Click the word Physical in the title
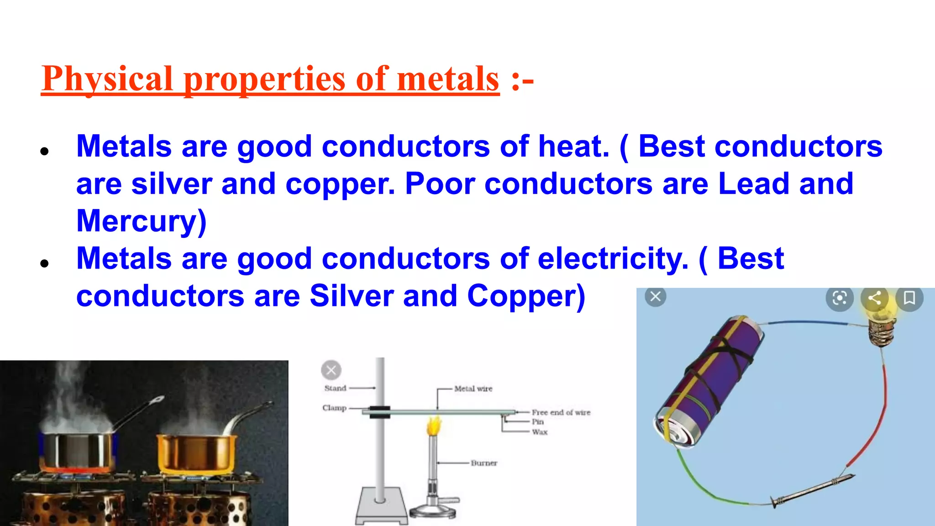pyautogui.click(x=107, y=79)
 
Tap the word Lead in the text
pyautogui.click(x=753, y=184)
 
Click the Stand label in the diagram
pyautogui.click(x=336, y=388)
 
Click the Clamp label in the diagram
pyautogui.click(x=335, y=408)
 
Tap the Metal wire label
pyautogui.click(x=473, y=389)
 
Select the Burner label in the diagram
pyautogui.click(x=484, y=463)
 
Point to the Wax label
pyautogui.click(x=540, y=432)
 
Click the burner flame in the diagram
pyautogui.click(x=434, y=426)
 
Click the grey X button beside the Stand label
pyautogui.click(x=331, y=370)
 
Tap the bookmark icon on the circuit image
pyautogui.click(x=909, y=298)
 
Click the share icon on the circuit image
pyautogui.click(x=874, y=298)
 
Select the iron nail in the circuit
pyautogui.click(x=813, y=490)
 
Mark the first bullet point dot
pyautogui.click(x=44, y=152)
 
